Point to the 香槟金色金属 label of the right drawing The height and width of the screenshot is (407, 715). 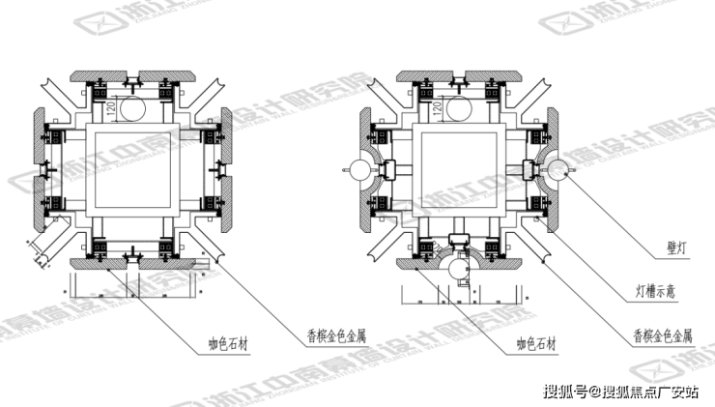[x=663, y=336]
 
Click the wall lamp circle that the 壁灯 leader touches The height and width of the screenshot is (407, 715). [x=556, y=171]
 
